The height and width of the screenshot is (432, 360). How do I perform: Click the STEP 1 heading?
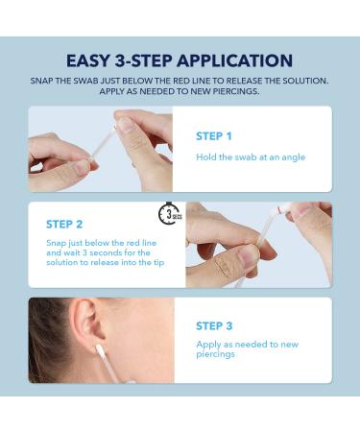214,135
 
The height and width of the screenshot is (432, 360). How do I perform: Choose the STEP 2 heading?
64,224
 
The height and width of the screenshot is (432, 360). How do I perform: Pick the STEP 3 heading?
214,325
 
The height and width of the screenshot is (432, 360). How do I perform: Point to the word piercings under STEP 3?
216,354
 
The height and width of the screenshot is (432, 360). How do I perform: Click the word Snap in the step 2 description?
56,244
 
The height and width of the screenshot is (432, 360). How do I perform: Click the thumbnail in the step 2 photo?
248,254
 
